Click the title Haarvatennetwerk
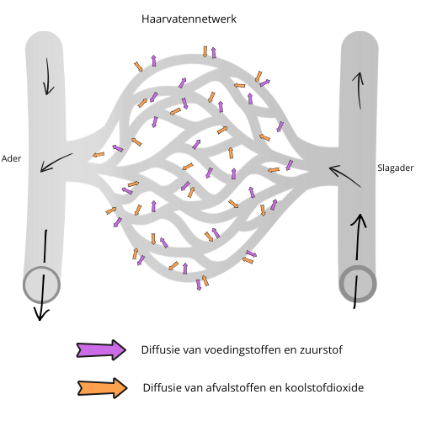click(189, 19)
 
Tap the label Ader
click(11, 158)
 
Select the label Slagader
click(396, 168)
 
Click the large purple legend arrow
click(101, 349)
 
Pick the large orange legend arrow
click(103, 388)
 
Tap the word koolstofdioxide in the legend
click(324, 387)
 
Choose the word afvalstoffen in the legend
click(236, 387)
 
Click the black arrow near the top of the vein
click(48, 77)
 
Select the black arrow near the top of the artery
click(359, 90)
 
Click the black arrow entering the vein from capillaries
click(56, 162)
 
